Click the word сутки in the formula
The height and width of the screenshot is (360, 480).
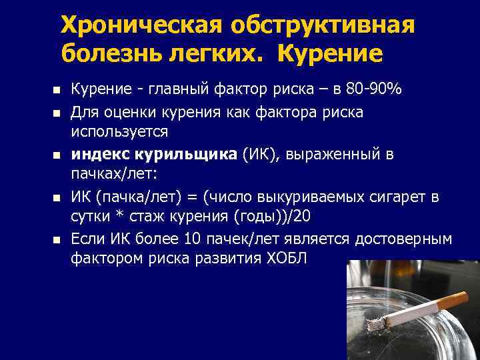pos(91,217)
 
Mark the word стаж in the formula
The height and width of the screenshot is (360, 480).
pos(139,217)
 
